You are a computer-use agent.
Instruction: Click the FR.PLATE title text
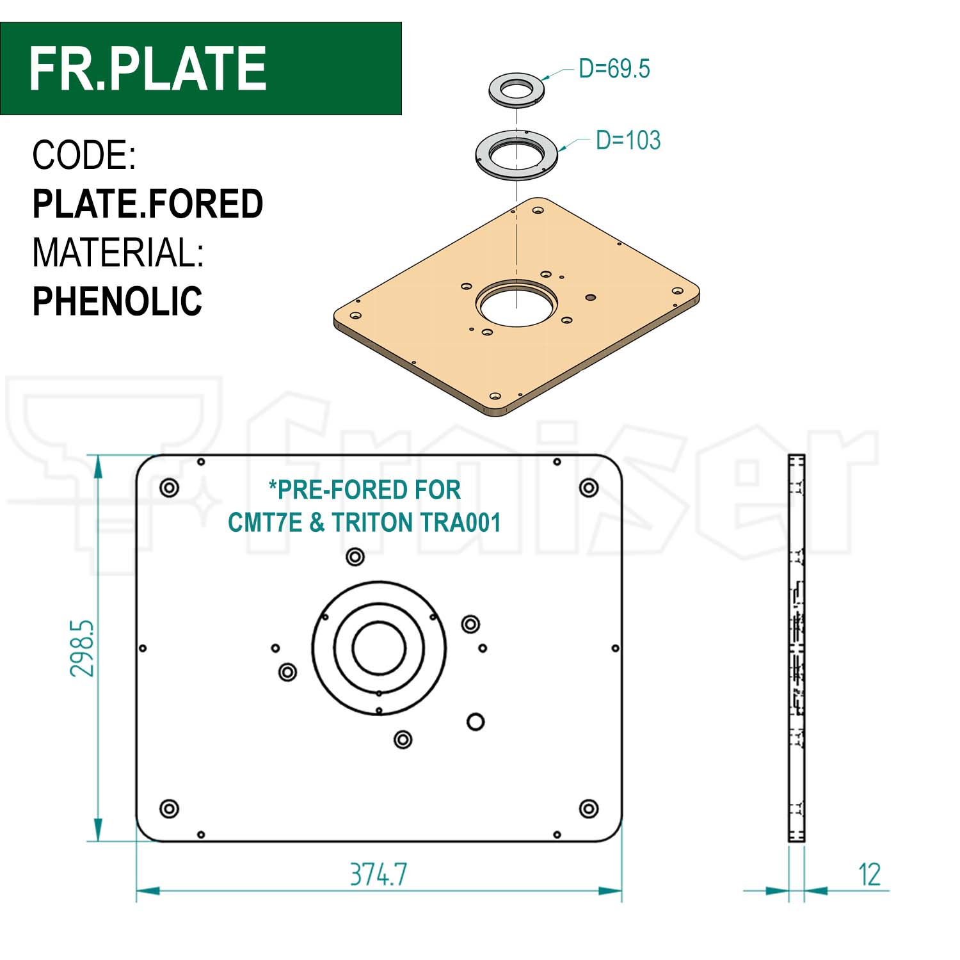147,68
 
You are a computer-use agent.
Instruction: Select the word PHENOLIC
117,301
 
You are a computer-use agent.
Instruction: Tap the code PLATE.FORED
147,204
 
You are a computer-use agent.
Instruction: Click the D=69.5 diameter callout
614,68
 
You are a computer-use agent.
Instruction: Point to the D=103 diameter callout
627,140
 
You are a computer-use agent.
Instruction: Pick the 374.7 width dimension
378,874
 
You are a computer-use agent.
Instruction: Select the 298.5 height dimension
83,648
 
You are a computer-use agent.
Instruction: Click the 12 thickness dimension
869,874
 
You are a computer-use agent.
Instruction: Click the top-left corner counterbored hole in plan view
169,488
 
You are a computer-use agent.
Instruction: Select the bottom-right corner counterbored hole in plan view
589,809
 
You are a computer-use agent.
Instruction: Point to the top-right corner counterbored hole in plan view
589,488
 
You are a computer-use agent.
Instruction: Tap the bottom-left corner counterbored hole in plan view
169,809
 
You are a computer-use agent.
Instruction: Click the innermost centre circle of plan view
379,648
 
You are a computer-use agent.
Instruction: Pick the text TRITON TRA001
416,523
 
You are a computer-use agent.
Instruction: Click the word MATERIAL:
118,253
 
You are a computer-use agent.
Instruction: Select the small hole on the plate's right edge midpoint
615,648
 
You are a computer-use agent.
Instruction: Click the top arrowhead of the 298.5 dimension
98,466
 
